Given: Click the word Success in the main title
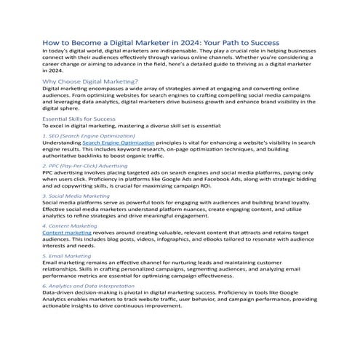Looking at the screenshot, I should pos(260,43).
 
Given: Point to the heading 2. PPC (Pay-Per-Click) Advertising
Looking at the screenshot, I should pos(90,166).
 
